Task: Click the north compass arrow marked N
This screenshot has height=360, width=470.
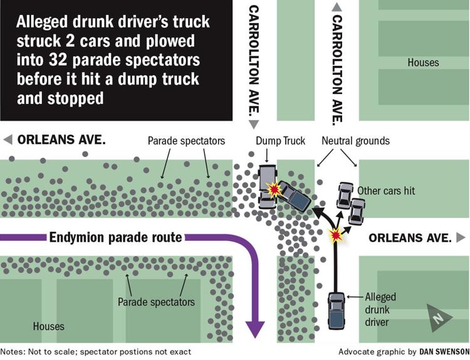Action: tap(439, 318)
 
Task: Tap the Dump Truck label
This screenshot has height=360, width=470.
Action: tap(280, 141)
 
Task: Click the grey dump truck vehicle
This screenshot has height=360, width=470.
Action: tap(267, 187)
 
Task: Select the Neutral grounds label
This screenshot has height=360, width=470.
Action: tap(355, 141)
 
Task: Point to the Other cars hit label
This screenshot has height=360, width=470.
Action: tap(386, 190)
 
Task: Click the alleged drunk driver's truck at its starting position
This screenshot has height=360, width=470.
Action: tap(337, 311)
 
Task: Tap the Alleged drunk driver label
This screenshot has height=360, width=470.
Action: tap(380, 309)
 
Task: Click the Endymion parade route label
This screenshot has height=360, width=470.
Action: tap(115, 237)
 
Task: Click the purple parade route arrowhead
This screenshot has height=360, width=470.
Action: tap(255, 329)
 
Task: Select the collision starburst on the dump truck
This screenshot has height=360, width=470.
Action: tap(273, 189)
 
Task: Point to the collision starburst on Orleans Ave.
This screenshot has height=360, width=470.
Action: tap(337, 236)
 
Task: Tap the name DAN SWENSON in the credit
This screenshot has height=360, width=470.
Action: tap(444, 351)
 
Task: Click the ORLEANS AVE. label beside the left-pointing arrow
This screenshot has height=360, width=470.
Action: tap(61, 140)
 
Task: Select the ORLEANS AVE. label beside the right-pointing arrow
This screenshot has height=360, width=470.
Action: tap(410, 238)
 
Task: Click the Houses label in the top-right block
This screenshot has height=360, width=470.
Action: tap(423, 63)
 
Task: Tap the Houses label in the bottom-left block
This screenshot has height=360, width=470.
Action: tap(48, 326)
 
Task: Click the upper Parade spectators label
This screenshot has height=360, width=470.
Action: tap(186, 141)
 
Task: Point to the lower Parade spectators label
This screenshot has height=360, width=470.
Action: tap(156, 302)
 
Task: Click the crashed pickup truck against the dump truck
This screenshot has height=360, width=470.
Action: tap(295, 197)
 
